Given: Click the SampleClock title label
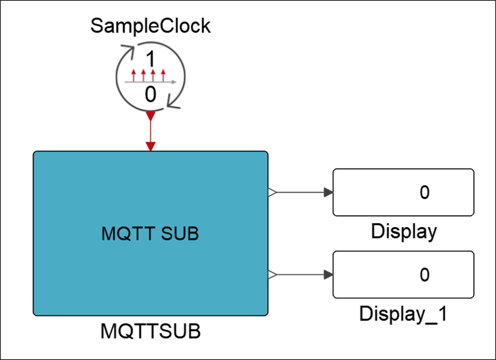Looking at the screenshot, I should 151,26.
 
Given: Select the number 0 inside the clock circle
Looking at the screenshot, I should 151,95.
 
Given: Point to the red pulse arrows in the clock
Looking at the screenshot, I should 149,72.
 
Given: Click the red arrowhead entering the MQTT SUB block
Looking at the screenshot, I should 151,147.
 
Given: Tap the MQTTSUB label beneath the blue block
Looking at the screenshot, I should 151,331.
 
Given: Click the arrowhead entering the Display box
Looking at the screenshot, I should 328,192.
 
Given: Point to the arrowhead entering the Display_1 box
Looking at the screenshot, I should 328,275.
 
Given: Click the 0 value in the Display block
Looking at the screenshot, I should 425,192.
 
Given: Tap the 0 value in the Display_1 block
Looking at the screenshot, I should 425,275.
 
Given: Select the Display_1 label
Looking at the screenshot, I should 403,313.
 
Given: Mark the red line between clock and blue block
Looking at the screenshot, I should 151,130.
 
